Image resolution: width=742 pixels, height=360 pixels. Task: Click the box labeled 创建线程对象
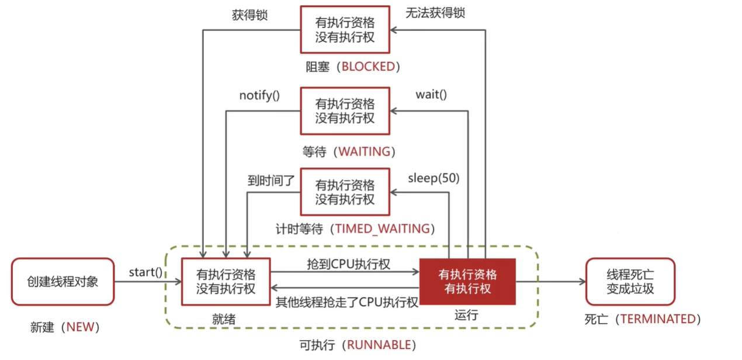pyautogui.click(x=63, y=282)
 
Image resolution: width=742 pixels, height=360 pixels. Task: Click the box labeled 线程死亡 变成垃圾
pyautogui.click(x=630, y=282)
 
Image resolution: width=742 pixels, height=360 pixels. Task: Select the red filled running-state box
pyautogui.click(x=467, y=282)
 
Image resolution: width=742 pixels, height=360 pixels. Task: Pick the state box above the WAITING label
pyautogui.click(x=345, y=111)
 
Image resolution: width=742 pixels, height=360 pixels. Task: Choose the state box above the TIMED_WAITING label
pyautogui.click(x=345, y=192)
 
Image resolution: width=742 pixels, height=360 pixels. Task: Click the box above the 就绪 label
pyautogui.click(x=226, y=282)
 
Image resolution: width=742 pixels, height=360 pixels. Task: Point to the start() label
pyautogui.click(x=145, y=271)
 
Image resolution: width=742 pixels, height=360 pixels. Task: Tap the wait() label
pyautogui.click(x=431, y=94)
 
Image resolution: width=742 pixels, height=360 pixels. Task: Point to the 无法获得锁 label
pyautogui.click(x=435, y=12)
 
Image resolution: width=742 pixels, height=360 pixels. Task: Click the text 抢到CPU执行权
pyautogui.click(x=348, y=264)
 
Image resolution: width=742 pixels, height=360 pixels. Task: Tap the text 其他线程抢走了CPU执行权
pyautogui.click(x=347, y=302)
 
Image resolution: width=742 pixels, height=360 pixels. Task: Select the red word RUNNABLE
pyautogui.click(x=379, y=345)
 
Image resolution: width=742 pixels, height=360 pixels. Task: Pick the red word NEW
pyautogui.click(x=80, y=327)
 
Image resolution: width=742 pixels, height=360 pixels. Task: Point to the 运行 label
pyautogui.click(x=466, y=316)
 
